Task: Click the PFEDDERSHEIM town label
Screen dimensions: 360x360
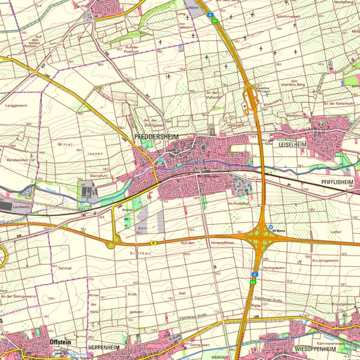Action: click(157, 137)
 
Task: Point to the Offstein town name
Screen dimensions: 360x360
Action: click(58, 342)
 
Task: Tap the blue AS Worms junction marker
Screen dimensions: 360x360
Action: click(271, 227)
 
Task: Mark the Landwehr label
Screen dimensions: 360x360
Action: click(21, 207)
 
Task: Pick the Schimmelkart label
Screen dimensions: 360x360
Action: click(289, 18)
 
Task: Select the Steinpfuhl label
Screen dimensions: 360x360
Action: click(98, 176)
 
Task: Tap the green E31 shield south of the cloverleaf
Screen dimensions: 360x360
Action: click(254, 281)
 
